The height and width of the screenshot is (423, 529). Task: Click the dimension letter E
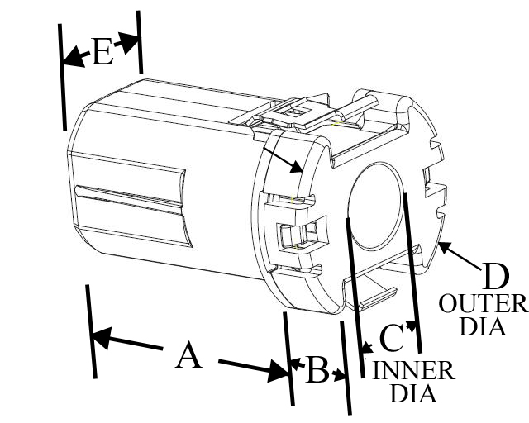click(102, 51)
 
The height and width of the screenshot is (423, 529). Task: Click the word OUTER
click(483, 303)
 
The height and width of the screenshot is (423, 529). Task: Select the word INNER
click(413, 370)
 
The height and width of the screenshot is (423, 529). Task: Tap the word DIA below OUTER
click(483, 326)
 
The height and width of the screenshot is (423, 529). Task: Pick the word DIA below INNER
click(413, 393)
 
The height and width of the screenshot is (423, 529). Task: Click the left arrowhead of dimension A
click(100, 337)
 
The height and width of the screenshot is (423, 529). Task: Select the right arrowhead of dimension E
click(128, 43)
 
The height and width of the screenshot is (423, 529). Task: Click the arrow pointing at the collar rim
click(283, 160)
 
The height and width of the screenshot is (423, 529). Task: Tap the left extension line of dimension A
click(91, 331)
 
